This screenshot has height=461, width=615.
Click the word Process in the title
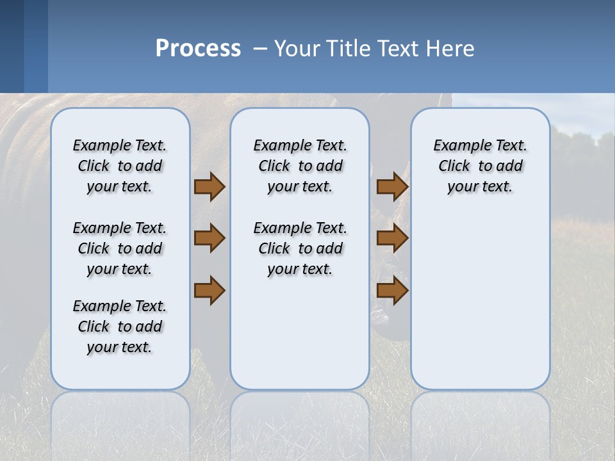[x=198, y=49]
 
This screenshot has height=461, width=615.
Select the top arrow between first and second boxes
[x=209, y=186]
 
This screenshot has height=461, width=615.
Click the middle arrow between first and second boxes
[x=209, y=238]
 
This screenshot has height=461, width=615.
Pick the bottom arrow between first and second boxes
[x=209, y=290]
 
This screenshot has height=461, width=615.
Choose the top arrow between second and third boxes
[x=393, y=186]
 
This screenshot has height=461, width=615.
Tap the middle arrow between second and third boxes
[x=393, y=238]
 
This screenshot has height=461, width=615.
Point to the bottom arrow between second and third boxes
[x=393, y=290]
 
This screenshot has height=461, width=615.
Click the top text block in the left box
[x=120, y=166]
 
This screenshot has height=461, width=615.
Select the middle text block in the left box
[x=120, y=248]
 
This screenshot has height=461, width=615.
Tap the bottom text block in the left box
[x=120, y=327]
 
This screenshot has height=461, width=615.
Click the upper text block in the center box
[x=300, y=166]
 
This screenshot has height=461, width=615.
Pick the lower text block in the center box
[x=300, y=248]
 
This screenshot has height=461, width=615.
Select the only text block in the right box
[x=480, y=166]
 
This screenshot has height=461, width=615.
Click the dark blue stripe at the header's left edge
[x=12, y=46]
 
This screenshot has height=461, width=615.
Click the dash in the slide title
[x=260, y=49]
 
